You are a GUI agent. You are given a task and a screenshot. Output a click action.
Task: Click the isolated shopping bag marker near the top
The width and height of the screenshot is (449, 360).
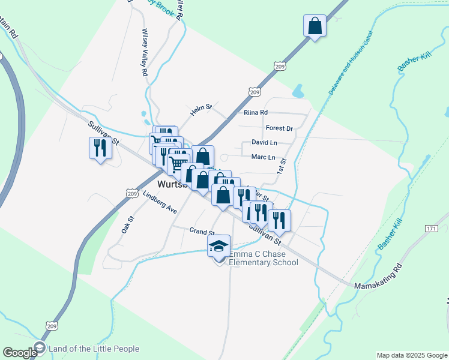[x=315, y=26]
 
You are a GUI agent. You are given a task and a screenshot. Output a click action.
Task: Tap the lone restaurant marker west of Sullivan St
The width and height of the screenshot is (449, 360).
[x=100, y=148]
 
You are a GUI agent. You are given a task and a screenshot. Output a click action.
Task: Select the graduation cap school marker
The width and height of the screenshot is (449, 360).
[x=218, y=245]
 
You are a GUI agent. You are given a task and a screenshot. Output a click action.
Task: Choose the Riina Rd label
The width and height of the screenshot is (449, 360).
[x=256, y=112]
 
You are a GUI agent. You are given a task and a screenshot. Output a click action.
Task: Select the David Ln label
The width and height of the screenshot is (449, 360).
[x=264, y=143]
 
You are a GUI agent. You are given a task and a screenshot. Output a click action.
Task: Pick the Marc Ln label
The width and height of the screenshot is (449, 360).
[x=263, y=158]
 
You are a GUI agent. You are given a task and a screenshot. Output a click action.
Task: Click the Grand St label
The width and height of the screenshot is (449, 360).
[x=202, y=232]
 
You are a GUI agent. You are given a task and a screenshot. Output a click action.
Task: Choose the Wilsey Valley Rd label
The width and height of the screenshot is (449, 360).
[x=145, y=52]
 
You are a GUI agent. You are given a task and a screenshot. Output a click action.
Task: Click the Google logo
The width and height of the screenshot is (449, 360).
[x=20, y=353]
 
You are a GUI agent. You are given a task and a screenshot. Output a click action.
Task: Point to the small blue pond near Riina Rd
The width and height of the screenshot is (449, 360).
[x=298, y=91]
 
